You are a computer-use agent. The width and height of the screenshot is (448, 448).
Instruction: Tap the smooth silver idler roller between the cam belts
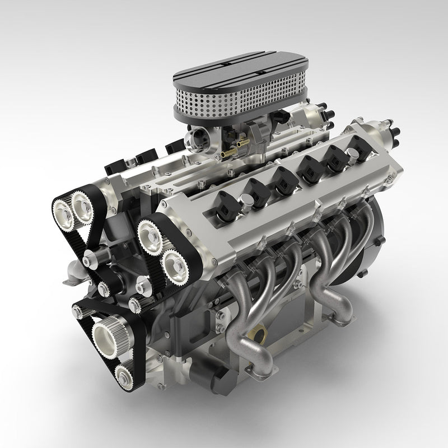point(90,259)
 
